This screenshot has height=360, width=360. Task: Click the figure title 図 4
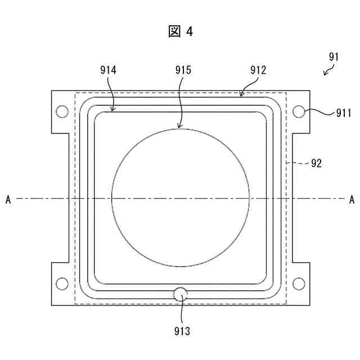coord(180,31)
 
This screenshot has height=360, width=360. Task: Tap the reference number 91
coord(334,57)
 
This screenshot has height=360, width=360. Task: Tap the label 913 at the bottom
coord(182,331)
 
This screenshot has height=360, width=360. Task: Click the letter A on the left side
coord(8,199)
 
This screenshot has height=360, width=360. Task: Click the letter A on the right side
coord(352,199)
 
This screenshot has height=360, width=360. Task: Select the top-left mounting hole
coord(62,111)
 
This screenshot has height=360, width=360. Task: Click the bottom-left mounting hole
coord(62,283)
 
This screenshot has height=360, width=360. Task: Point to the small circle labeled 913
coord(181,293)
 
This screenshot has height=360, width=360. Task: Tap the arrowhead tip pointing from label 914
coord(114,111)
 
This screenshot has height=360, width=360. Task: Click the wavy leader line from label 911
coord(319,112)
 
